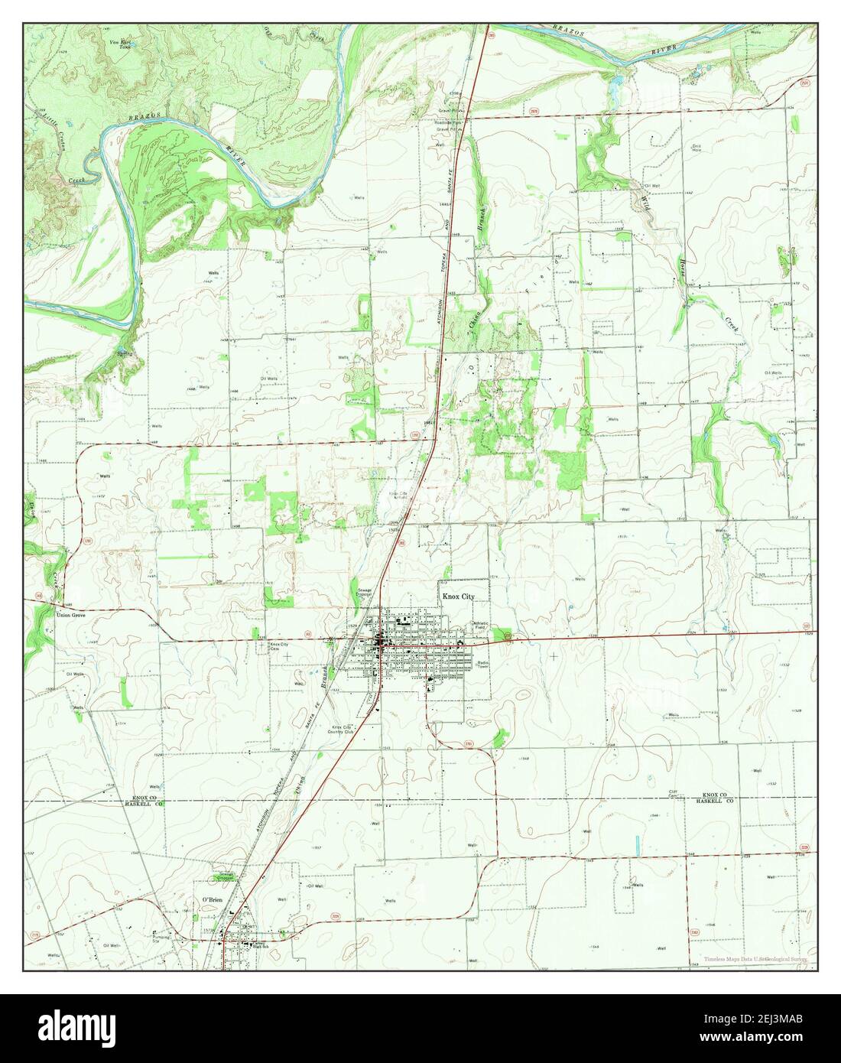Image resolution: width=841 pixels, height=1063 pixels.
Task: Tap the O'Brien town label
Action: pos(211,900)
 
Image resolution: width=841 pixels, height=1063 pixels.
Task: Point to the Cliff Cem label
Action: pos(674,793)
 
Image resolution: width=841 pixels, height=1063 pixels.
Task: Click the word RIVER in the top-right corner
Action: pos(665,50)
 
